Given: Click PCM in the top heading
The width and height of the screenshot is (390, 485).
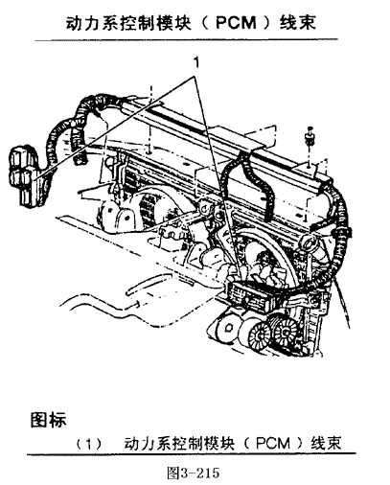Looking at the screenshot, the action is [236, 23].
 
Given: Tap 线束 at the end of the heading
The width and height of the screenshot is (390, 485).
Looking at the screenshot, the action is [298, 23].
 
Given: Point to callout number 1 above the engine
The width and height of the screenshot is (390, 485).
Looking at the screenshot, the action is [197, 62].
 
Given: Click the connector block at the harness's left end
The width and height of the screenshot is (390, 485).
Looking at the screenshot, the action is [24, 175].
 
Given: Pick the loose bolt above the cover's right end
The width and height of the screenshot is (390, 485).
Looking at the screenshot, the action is [310, 136].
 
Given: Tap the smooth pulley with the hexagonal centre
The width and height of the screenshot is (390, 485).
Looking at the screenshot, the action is [228, 328].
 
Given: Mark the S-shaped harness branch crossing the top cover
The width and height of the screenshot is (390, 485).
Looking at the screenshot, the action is [252, 185].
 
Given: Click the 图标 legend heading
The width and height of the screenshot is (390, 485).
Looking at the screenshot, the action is [49, 420].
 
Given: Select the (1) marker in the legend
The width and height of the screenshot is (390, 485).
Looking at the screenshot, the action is [89, 444].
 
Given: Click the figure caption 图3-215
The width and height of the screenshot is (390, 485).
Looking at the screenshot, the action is [194, 473].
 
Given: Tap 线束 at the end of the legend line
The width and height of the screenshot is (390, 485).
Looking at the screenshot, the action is [326, 444].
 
